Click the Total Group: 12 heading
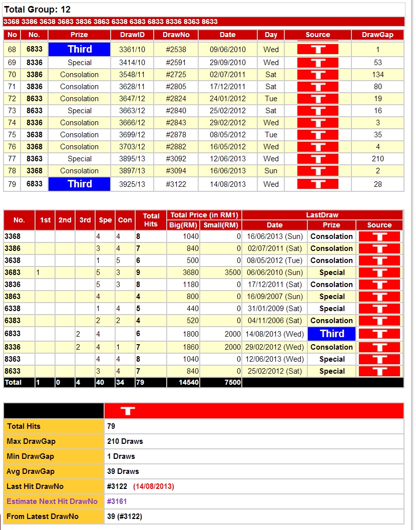click(x=37, y=10)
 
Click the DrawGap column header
click(x=377, y=35)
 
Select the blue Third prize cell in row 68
click(x=79, y=49)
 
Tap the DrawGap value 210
click(x=378, y=159)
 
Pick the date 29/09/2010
click(x=228, y=63)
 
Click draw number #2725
click(x=176, y=75)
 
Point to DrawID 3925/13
click(x=132, y=184)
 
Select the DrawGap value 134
click(x=378, y=75)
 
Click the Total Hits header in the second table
click(x=151, y=220)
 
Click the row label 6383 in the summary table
click(x=13, y=321)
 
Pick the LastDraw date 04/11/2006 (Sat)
click(x=274, y=321)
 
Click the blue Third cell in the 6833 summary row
click(x=332, y=334)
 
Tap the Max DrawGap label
click(x=31, y=441)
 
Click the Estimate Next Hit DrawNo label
click(x=52, y=501)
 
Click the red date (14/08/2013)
click(x=153, y=486)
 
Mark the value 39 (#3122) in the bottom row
click(x=128, y=516)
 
